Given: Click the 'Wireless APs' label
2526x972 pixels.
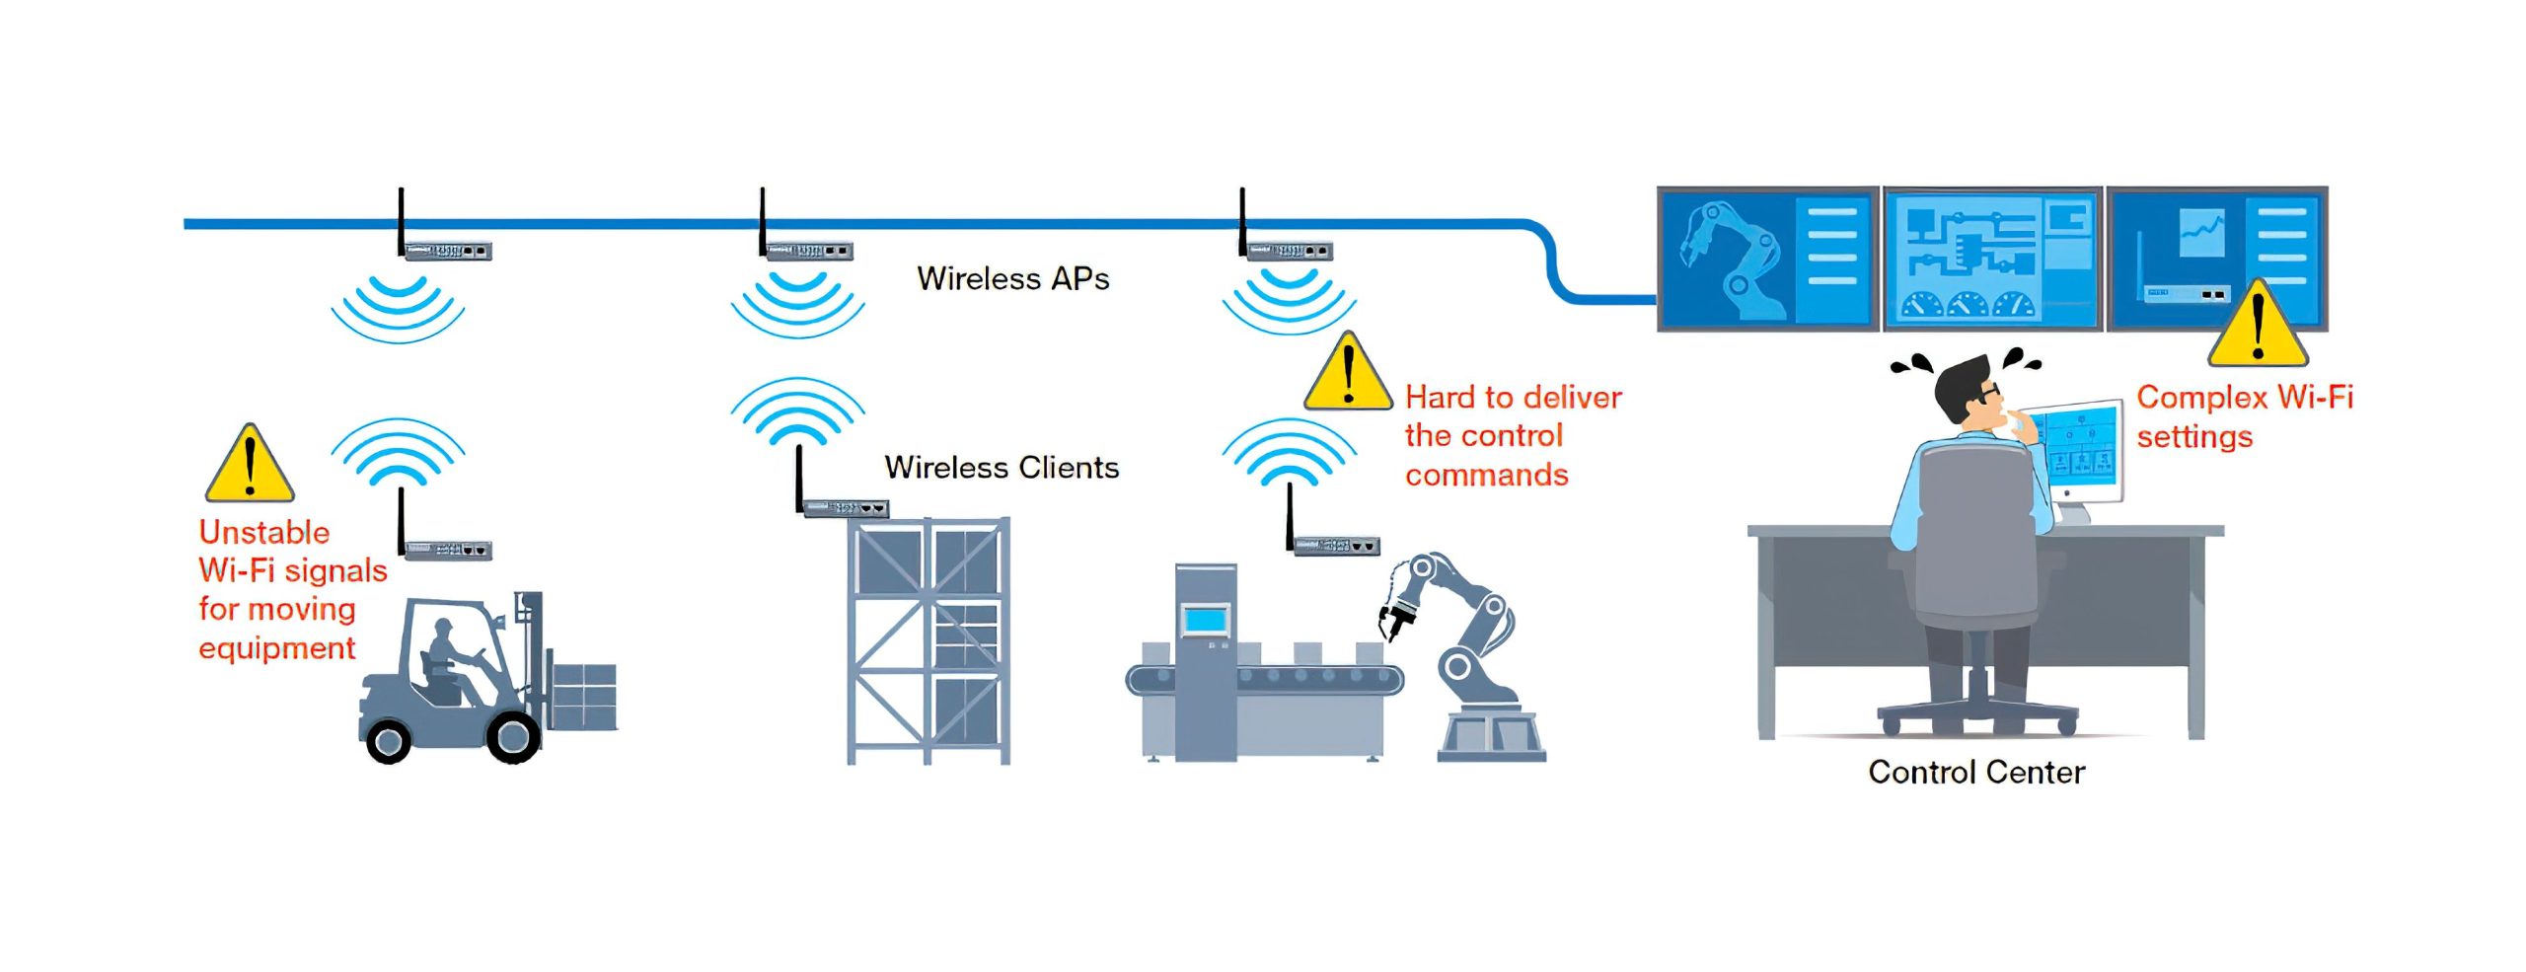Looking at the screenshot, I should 1012,279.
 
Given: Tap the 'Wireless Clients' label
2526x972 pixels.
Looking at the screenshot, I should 1002,467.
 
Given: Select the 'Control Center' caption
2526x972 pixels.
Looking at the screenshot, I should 1975,772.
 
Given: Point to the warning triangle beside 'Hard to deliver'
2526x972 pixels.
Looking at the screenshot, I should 1348,376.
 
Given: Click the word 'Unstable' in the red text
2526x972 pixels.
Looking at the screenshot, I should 264,532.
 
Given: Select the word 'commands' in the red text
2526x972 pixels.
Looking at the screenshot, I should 1486,475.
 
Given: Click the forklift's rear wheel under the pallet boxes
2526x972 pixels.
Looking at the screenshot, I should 513,735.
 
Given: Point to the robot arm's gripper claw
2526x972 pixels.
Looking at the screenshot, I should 1394,618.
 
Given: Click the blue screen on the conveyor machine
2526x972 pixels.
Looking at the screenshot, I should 1205,620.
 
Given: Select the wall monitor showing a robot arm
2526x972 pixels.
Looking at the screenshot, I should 1766,259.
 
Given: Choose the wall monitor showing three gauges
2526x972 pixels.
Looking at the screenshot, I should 1991,259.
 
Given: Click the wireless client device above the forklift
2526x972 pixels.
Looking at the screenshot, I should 447,549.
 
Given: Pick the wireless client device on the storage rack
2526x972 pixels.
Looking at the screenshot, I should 846,508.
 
